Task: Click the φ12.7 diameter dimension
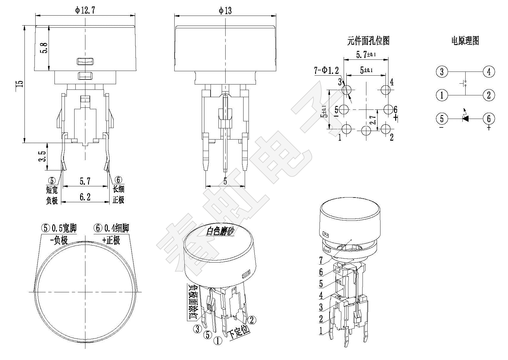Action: pos(85,11)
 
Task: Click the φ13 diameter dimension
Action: pos(225,11)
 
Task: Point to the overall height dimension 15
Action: pos(19,84)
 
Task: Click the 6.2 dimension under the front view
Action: pos(85,197)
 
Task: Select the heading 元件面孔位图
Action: pos(368,41)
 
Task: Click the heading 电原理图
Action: pos(465,41)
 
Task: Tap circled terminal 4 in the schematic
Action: pos(489,72)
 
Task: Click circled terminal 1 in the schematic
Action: pos(441,95)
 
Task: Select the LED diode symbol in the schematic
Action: pos(465,118)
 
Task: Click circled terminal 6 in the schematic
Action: pos(489,119)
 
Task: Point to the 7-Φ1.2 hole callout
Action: pos(326,71)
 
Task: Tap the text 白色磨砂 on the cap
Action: pos(220,231)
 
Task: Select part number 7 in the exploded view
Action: pos(321,260)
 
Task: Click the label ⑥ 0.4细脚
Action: pos(111,228)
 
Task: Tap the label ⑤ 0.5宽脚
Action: pos(59,228)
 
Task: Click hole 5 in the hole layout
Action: pos(344,110)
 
